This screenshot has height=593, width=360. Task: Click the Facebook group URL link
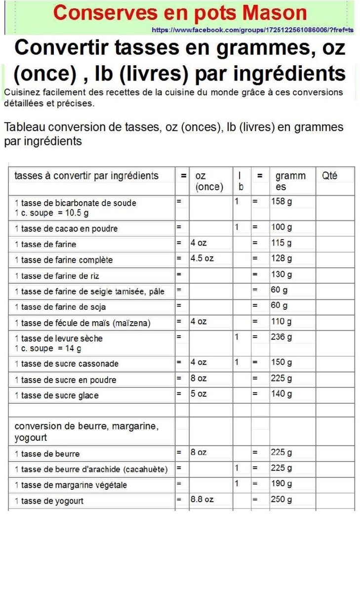252,30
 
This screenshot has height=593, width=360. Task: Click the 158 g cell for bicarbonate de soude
281,202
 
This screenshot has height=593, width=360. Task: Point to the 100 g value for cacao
281,227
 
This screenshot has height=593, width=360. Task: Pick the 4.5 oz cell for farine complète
202,258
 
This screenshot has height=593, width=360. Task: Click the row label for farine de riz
57,276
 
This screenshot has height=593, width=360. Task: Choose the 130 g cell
281,274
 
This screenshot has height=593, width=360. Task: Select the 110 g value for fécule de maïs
281,322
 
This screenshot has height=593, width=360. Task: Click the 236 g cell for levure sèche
281,337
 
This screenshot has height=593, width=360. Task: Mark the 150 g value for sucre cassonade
281,362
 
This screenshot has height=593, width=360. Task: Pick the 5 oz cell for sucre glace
199,394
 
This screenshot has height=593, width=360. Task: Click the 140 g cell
281,394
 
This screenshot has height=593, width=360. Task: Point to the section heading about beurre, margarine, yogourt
86,431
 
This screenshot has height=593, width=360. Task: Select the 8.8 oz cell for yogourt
202,500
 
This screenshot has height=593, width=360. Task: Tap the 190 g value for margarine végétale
281,484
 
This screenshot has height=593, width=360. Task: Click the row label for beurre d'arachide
91,469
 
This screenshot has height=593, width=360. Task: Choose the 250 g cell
281,500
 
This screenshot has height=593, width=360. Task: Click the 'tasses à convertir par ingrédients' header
86,176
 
